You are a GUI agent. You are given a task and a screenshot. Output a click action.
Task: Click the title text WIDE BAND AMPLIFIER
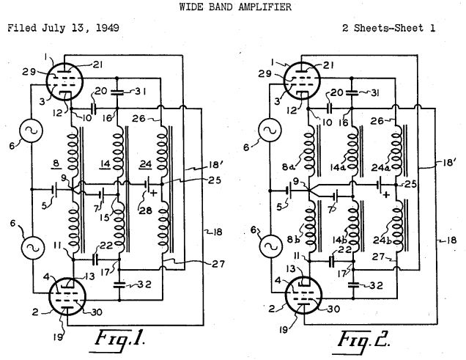[232, 8]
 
